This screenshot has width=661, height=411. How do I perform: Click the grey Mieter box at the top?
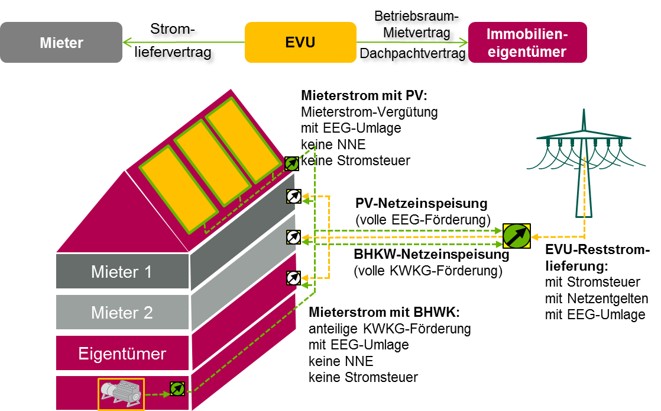pos(61,43)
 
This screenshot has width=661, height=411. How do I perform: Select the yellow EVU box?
pos(300,43)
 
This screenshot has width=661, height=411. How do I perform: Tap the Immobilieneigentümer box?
pos(527,43)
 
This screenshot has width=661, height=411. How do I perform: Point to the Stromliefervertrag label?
pos(174,42)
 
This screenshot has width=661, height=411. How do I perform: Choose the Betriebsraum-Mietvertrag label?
pos(417,25)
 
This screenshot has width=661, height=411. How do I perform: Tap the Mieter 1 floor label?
pos(121,272)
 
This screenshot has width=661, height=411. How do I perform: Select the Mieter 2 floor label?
pos(121,313)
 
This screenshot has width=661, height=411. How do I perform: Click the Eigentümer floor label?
pos(122,354)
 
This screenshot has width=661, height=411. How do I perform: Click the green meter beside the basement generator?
pos(177,388)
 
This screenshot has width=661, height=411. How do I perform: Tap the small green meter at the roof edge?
pos(291,163)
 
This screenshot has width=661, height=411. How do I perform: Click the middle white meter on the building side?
pos(293,237)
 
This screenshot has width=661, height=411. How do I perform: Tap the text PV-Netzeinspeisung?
pos(422,204)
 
